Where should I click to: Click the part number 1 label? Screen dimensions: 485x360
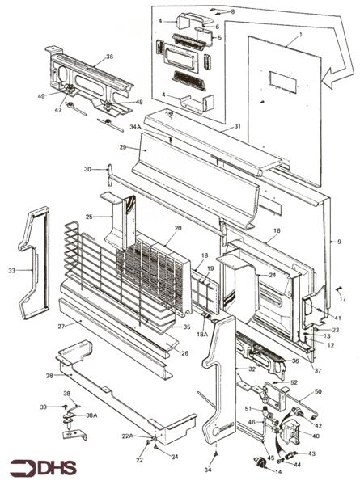[x=299, y=35]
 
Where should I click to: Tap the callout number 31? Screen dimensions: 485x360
[x=238, y=126]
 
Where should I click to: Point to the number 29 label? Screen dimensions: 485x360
[x=123, y=147]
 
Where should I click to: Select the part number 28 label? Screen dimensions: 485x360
[x=49, y=376]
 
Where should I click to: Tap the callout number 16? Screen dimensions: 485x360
[x=276, y=230]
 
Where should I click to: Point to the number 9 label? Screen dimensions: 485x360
[x=340, y=240]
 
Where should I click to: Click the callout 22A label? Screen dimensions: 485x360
[x=127, y=436]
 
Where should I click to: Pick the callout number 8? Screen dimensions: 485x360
[x=233, y=11]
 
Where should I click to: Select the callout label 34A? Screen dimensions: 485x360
[x=134, y=126]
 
